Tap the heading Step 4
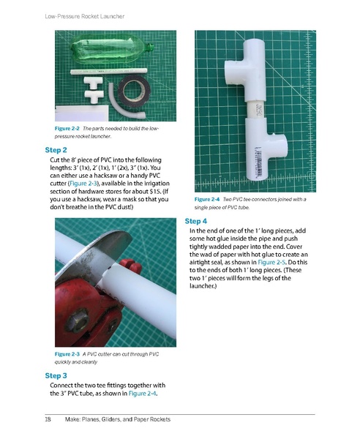pyautogui.click(x=196, y=220)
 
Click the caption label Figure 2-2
pyautogui.click(x=68, y=128)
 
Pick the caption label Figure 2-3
pyautogui.click(x=68, y=354)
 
